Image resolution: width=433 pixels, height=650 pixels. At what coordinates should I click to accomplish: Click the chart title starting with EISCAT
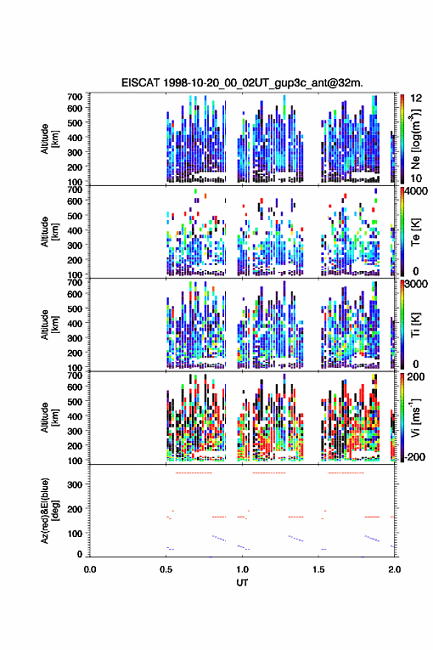[242, 83]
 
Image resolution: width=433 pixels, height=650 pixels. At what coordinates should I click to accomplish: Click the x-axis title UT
[242, 583]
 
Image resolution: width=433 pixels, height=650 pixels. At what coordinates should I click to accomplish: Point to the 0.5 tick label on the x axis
[167, 569]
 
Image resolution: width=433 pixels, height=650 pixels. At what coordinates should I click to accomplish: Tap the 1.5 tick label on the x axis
[319, 569]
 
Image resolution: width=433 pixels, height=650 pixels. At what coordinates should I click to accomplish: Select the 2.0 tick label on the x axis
[395, 569]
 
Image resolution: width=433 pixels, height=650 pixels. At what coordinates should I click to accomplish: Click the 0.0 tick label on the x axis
[90, 569]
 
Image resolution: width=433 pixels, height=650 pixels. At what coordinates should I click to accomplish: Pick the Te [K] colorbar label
[415, 232]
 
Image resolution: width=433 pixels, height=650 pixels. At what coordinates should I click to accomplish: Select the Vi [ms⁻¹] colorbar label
[415, 418]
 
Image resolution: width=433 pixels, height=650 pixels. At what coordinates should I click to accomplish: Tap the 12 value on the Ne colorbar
[417, 97]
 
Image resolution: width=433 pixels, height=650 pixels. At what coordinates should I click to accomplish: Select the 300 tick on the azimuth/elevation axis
[75, 485]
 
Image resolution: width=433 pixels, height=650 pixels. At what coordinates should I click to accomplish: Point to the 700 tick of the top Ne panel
[75, 97]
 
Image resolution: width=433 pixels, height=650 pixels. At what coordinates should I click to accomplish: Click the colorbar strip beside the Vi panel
[402, 417]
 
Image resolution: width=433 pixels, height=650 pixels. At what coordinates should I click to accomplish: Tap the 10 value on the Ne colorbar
[417, 178]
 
